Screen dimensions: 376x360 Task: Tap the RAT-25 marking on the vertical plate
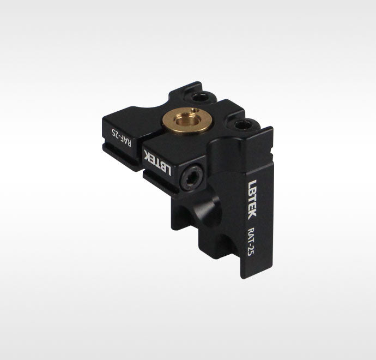coord(250,241)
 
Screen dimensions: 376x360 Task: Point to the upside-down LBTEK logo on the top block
coord(157,162)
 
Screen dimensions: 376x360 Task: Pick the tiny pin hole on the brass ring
coord(196,110)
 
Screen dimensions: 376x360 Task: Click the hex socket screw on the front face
coord(192,178)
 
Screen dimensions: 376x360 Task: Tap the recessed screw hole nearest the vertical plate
coord(242,125)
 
